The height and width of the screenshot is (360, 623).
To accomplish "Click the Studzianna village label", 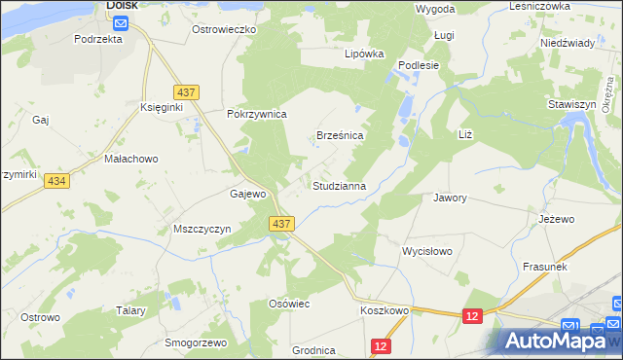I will [339, 185].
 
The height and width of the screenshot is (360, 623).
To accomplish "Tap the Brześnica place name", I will [341, 136].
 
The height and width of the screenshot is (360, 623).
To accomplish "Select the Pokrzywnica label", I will [257, 114].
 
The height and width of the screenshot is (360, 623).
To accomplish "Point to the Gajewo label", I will [248, 194].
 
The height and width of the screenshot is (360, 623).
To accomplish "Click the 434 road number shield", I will [56, 182].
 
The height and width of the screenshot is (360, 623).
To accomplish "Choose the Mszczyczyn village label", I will [202, 229].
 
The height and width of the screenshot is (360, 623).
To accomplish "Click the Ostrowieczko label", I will [223, 30].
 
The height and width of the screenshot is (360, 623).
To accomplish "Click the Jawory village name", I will [451, 198].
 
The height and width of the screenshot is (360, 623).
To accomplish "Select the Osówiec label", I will [289, 305].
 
